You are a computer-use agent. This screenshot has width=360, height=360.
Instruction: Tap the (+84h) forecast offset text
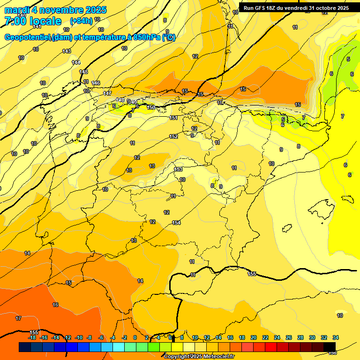[81, 21]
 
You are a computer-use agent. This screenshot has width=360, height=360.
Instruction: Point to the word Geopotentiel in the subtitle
[27, 37]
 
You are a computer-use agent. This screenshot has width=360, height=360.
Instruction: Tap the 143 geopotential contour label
[67, 51]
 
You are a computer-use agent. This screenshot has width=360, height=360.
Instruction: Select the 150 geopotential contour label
[151, 107]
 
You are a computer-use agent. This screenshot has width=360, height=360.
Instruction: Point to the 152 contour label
[173, 136]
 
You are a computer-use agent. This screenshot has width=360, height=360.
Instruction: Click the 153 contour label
[178, 169]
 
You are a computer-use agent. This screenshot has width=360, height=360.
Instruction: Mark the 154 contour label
[176, 223]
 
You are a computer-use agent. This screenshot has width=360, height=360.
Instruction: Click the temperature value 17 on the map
[18, 318]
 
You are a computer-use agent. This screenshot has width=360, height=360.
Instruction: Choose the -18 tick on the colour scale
[32, 337]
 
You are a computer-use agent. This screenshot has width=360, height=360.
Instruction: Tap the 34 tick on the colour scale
[336, 337]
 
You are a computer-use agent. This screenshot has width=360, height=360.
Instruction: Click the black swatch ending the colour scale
[330, 347]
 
